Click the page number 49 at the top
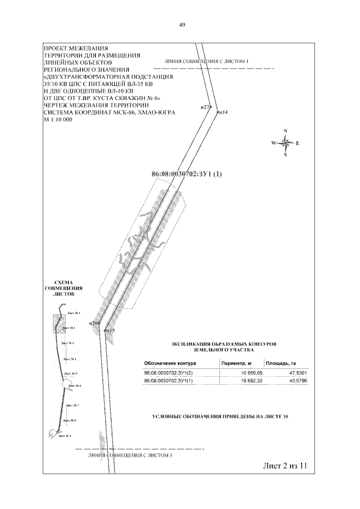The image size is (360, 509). pos(182,25)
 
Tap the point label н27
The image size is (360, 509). pos(205,106)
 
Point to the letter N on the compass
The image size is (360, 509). pos(285,131)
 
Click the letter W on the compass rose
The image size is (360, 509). pos(273,143)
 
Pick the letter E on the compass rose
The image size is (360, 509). pos(297,143)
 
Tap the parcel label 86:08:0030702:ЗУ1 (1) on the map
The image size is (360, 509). pos(187,174)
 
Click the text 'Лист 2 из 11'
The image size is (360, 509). pos(285,466)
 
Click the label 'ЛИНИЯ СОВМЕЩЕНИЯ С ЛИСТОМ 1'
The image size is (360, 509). pos(206,60)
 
